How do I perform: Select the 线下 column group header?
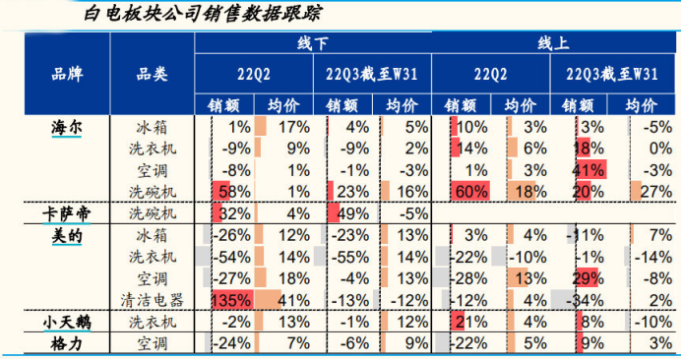pos(312,44)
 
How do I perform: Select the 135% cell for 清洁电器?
pos(229,300)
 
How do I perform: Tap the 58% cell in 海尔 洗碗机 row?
pos(234,191)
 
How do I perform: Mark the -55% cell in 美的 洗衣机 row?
pos(350,257)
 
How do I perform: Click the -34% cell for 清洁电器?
pos(587,300)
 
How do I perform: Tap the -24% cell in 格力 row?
pos(232,343)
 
